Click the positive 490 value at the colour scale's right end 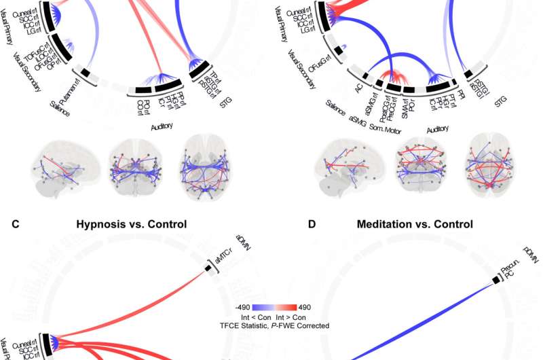[305, 306]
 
